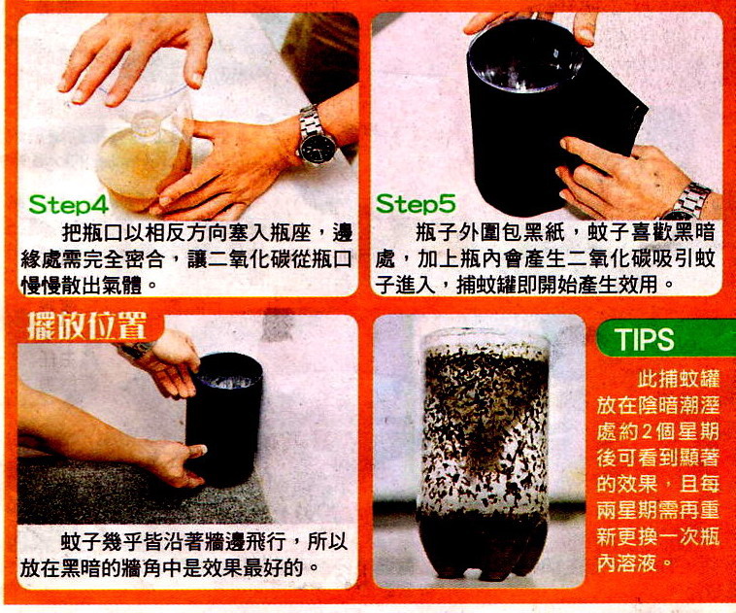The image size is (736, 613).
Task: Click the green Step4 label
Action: coord(69,204)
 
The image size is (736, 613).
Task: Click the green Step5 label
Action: coord(416,203)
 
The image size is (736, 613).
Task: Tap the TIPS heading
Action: coord(646,339)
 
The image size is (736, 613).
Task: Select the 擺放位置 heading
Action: coord(86,325)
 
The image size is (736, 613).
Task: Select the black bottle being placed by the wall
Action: coord(224,418)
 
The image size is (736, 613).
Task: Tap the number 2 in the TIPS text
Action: coord(648,430)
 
